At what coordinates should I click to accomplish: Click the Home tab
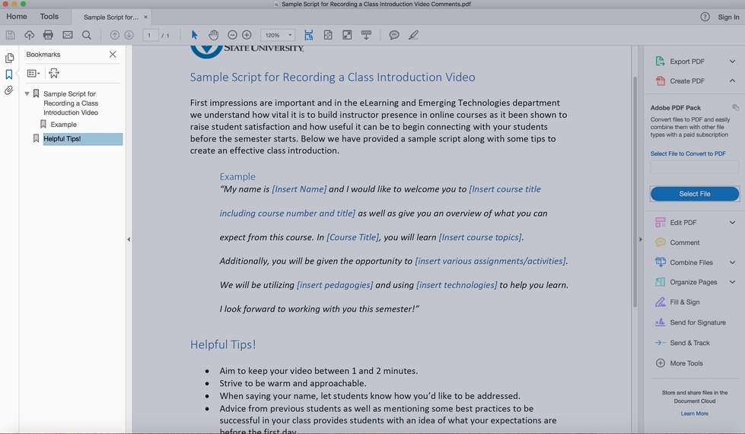17,17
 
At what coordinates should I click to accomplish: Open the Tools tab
49,17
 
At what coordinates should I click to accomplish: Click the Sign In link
728,17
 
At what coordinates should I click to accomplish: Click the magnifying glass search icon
87,35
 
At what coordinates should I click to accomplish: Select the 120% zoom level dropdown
278,35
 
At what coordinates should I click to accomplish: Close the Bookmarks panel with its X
113,55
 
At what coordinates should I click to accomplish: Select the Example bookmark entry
63,125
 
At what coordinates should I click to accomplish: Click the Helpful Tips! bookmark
62,139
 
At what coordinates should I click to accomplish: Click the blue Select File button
694,194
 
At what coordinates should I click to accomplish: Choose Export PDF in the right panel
686,62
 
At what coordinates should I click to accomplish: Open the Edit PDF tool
683,223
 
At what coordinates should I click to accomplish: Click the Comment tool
684,242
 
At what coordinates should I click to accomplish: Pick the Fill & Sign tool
684,302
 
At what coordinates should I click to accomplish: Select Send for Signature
697,322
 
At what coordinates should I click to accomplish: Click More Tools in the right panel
686,363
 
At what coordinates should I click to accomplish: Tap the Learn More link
694,413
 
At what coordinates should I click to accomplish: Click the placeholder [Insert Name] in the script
299,189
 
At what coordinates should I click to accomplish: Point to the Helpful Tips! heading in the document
223,345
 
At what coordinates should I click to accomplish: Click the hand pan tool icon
214,35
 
